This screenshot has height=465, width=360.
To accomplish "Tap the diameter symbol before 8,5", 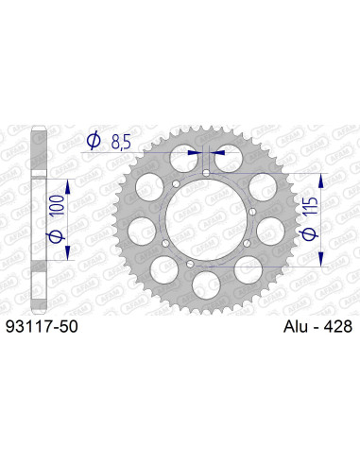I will [93, 143].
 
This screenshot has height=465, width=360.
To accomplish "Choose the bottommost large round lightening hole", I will [207, 283].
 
